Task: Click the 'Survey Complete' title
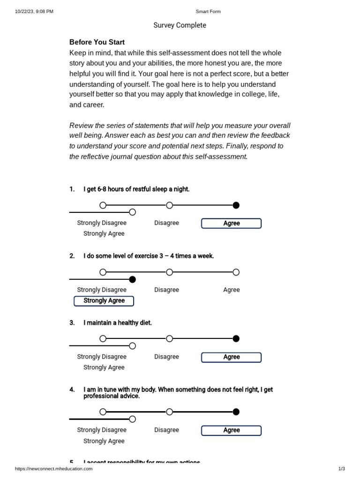pos(180,25)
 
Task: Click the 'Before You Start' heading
pos(97,42)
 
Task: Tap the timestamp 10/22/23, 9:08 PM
pos(34,11)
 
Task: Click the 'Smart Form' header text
pos(208,11)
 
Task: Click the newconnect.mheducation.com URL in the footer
pos(54,468)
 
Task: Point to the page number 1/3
pos(341,468)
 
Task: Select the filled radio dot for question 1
pos(236,205)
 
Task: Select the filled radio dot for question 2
pos(132,279)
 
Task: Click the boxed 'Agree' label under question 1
pos(231,224)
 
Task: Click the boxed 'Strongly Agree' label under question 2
pos(104,301)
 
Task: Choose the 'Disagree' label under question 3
pos(166,357)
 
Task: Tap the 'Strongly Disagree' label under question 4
pos(102,430)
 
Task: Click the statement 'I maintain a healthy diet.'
pos(118,323)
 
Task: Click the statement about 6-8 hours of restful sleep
pos(136,189)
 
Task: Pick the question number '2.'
pos(72,256)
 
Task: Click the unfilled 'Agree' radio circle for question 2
pos(236,272)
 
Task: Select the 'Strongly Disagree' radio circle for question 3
pos(103,339)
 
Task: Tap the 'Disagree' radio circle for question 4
pos(170,412)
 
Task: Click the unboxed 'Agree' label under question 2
pos(231,290)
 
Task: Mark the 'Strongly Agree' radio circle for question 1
pos(132,212)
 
